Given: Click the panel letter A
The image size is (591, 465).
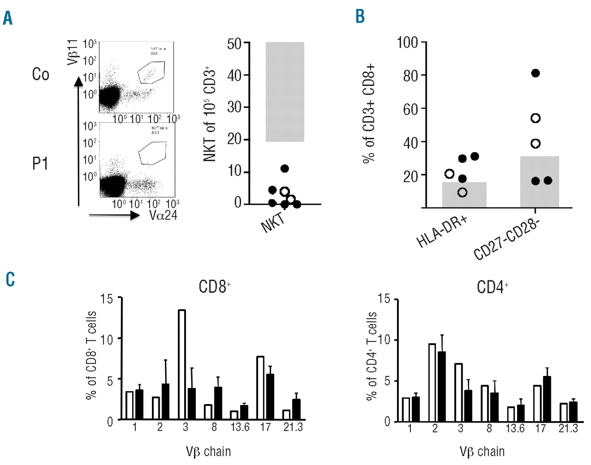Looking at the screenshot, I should (x=7, y=18).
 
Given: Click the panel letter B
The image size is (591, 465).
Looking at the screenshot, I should (x=360, y=16).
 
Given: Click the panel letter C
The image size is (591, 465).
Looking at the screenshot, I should (x=10, y=279).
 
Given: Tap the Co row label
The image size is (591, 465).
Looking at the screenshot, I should (x=41, y=74).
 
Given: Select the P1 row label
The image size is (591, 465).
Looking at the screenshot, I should (x=40, y=163).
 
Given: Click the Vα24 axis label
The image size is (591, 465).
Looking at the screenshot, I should (x=163, y=215).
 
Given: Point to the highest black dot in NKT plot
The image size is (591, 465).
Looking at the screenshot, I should (x=284, y=169).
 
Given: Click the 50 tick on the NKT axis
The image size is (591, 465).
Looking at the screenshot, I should (x=235, y=44).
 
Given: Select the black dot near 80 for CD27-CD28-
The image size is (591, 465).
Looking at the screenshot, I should (x=536, y=73).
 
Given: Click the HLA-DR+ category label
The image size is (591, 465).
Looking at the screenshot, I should (x=442, y=232).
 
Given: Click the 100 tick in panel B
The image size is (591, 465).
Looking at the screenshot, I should (x=407, y=43).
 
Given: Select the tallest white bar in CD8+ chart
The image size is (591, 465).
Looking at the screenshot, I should (x=182, y=364).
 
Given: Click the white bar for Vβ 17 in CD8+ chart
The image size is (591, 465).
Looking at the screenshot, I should (x=260, y=387).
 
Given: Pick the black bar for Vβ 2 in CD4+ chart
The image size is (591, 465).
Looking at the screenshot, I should (x=442, y=386).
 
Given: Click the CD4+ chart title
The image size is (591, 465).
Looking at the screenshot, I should (x=492, y=287).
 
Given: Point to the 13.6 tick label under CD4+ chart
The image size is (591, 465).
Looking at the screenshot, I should (x=515, y=429).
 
